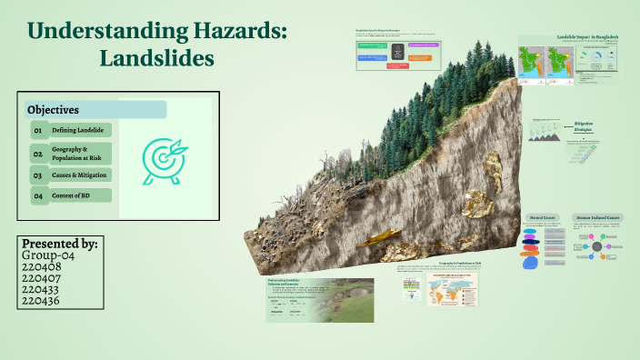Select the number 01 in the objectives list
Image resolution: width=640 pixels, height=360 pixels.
click(x=38, y=131)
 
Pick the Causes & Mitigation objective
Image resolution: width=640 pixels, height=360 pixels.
click(x=80, y=175)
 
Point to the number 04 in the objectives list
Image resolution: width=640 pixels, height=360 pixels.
click(x=38, y=196)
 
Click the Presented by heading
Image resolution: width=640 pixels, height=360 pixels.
click(x=60, y=244)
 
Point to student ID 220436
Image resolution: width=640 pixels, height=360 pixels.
click(x=40, y=300)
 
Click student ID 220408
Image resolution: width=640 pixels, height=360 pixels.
click(x=40, y=267)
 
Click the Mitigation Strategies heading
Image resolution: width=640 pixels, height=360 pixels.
click(x=584, y=126)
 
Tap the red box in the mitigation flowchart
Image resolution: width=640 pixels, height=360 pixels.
click(x=397, y=65)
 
